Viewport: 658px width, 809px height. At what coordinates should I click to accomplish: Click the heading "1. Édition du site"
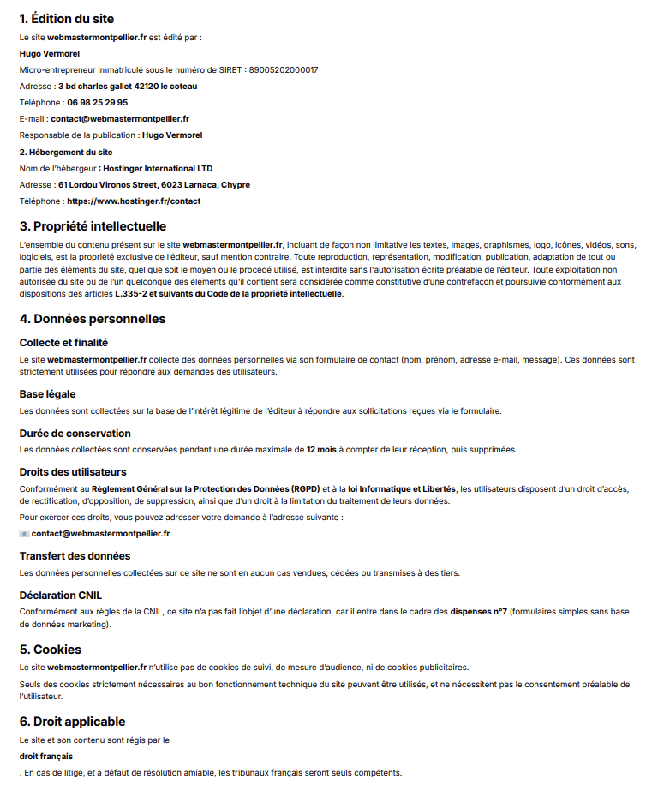point(66,19)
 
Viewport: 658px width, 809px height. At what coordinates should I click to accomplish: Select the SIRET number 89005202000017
point(283,69)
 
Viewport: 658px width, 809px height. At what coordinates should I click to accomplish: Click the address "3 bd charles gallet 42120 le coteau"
point(127,86)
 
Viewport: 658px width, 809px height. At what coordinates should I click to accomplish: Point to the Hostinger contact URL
point(134,201)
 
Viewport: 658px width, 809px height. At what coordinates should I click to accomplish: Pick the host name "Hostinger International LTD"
point(158,168)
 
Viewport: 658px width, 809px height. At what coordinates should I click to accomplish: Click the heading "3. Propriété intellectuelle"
point(93,226)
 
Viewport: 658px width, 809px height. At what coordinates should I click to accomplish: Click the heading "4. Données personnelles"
point(92,319)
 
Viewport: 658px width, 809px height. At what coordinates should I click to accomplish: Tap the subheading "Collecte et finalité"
point(63,342)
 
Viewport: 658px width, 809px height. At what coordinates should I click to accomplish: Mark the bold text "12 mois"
point(322,449)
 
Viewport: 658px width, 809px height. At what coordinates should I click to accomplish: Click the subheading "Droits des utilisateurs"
point(73,471)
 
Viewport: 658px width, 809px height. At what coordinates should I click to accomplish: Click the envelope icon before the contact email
point(24,533)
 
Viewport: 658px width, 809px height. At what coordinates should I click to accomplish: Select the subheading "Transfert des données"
point(75,555)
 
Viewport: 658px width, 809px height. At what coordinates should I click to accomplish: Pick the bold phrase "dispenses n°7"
point(478,612)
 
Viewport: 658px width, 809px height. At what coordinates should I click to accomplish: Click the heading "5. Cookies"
point(51,649)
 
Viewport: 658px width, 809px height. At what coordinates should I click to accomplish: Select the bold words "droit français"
point(46,756)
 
